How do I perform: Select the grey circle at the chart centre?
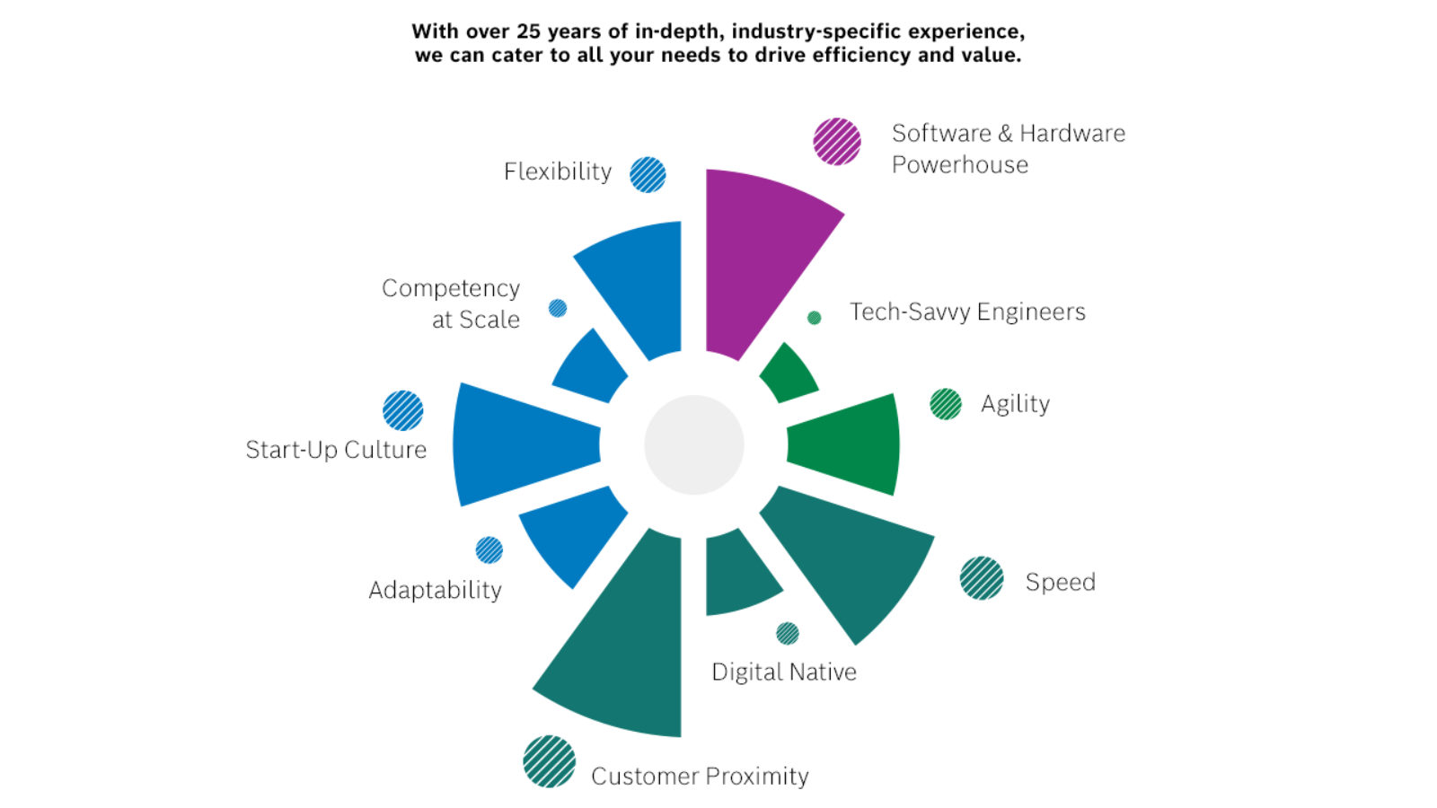(694, 445)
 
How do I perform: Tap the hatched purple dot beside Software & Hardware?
(837, 142)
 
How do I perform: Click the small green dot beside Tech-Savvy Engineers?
(814, 318)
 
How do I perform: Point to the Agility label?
(1016, 404)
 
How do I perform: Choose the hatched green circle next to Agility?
(946, 404)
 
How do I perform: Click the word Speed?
(1061, 583)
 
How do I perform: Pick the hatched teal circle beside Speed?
(982, 578)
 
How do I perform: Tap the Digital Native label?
(784, 672)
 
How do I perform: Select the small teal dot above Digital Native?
(787, 634)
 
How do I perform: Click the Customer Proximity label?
(700, 777)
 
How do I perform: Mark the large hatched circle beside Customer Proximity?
(549, 761)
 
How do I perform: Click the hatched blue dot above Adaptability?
(489, 550)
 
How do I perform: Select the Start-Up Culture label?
(336, 450)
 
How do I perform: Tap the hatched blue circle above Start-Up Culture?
(403, 410)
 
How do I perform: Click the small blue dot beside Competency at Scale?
(558, 309)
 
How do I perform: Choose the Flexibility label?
(558, 171)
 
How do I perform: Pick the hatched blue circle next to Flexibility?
(648, 174)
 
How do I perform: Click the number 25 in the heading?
(529, 31)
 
